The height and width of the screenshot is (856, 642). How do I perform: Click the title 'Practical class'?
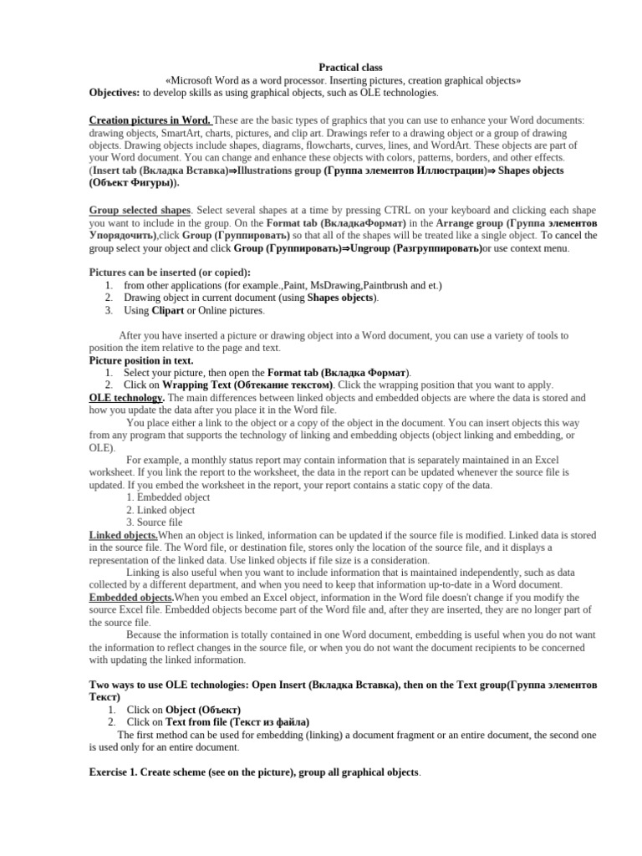[x=350, y=67]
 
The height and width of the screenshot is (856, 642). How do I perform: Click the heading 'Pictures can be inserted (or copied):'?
[x=170, y=273]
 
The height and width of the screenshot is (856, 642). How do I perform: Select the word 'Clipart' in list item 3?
[x=166, y=310]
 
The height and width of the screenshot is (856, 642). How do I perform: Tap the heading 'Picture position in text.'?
[x=140, y=360]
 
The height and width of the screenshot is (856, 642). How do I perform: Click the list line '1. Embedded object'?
[x=168, y=497]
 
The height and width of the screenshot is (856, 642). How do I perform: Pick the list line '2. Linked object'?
[x=160, y=510]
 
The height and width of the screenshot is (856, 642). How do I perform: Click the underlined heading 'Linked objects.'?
[x=123, y=535]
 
